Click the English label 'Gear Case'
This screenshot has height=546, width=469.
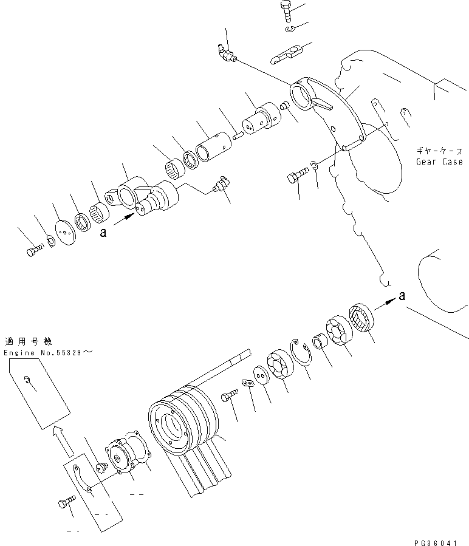pyautogui.click(x=439, y=162)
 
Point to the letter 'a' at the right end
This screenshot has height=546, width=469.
pyautogui.click(x=401, y=295)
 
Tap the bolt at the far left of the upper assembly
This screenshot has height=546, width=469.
pyautogui.click(x=34, y=251)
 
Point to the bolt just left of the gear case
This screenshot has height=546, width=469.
pyautogui.click(x=296, y=176)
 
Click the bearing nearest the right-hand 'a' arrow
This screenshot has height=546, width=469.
pyautogui.click(x=362, y=316)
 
